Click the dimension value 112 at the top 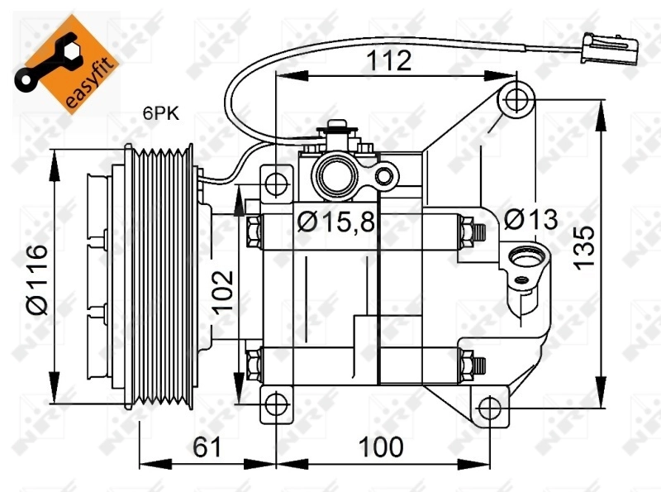(x=389, y=60)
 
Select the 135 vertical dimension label (x=584, y=245)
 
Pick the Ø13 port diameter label (x=530, y=220)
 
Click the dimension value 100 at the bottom (x=381, y=447)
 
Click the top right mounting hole (x=517, y=98)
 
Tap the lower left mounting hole (x=277, y=406)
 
